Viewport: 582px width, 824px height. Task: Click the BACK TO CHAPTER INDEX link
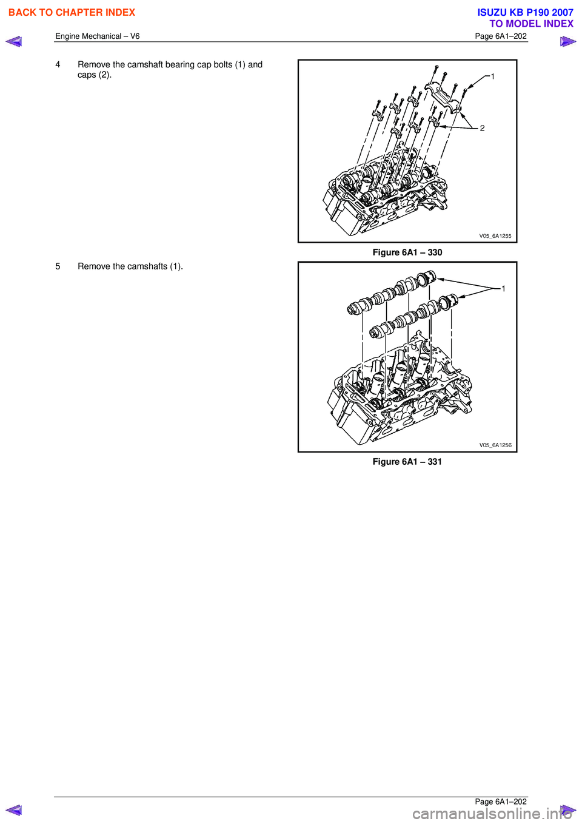72,12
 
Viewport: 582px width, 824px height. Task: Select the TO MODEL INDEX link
531,24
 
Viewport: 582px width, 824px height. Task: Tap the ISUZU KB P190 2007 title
525,12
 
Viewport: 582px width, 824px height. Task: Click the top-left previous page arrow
13,41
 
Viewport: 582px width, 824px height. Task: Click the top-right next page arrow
567,41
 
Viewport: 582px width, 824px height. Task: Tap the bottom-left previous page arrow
13,810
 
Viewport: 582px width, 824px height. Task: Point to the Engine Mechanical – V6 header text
98,36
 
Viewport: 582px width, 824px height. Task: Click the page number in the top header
501,36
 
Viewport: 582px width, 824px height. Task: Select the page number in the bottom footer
501,802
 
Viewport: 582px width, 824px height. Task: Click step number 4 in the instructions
58,65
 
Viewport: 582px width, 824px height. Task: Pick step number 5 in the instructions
58,266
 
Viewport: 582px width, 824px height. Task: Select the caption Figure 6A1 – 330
407,252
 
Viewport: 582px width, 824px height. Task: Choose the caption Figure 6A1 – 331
407,462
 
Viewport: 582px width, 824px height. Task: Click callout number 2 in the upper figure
482,128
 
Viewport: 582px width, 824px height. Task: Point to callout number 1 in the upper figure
493,76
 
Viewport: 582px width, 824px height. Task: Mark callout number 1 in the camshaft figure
503,289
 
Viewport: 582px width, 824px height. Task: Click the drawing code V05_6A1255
495,236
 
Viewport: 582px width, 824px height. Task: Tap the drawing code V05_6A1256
495,445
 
